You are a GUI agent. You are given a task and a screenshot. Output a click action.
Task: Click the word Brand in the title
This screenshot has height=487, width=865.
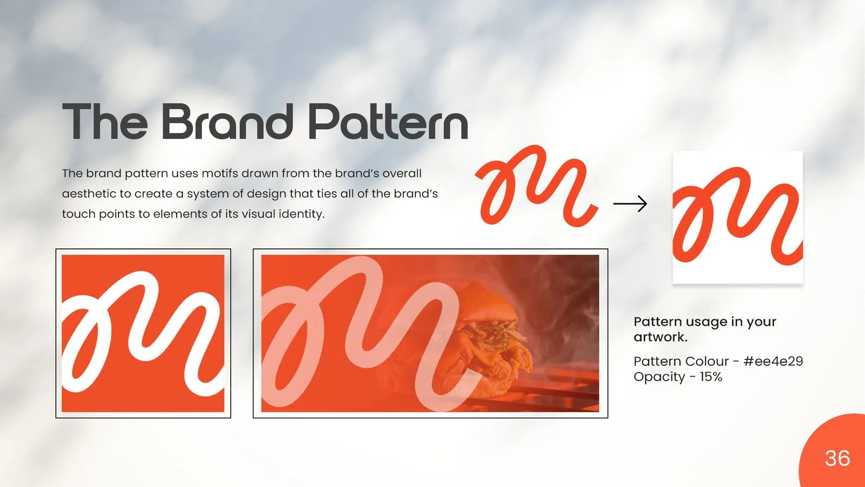[227, 121]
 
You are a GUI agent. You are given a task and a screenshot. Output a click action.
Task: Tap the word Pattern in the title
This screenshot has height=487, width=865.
[389, 121]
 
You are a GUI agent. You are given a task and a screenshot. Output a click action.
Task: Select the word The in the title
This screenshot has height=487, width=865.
[105, 121]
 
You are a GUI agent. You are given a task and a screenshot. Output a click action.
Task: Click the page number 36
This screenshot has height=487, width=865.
[837, 458]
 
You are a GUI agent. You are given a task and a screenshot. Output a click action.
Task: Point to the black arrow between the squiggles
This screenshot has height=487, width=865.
[630, 203]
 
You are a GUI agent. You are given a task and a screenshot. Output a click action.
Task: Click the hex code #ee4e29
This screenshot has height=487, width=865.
[773, 361]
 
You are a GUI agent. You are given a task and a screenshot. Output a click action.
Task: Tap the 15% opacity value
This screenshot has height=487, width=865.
[711, 377]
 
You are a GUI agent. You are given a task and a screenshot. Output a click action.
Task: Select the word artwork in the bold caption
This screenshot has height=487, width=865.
[660, 337]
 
